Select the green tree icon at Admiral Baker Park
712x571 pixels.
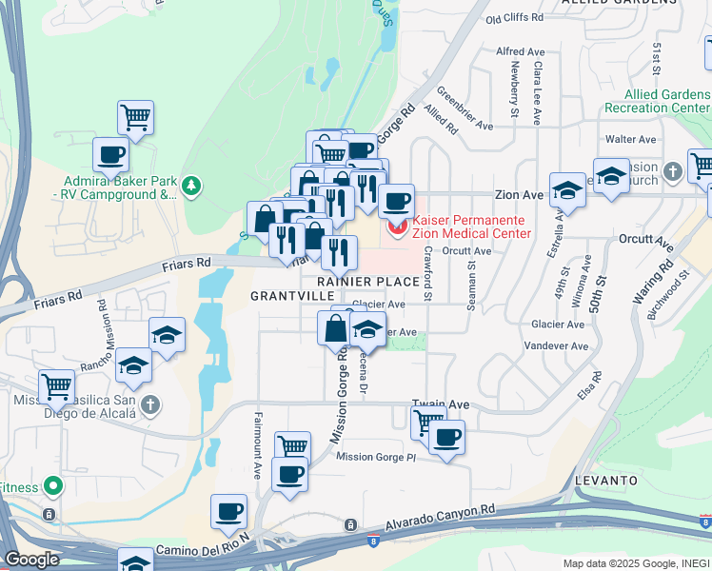click(x=191, y=185)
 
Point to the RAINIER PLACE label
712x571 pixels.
click(x=368, y=282)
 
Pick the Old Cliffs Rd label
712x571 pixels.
click(x=514, y=18)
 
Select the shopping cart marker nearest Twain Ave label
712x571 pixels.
click(x=428, y=420)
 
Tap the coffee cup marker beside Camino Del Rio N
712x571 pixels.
click(x=228, y=511)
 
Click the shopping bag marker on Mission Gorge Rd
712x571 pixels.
click(x=336, y=328)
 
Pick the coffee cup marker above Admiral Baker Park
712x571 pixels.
click(x=110, y=154)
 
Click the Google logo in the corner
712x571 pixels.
click(x=31, y=560)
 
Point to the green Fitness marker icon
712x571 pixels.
click(x=53, y=487)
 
